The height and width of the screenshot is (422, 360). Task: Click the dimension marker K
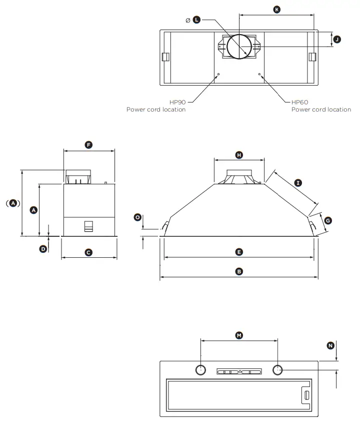tap(277, 9)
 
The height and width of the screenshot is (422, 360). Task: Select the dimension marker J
tap(337, 39)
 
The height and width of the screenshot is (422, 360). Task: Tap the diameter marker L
tap(196, 20)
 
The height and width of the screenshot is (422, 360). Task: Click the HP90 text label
tap(178, 102)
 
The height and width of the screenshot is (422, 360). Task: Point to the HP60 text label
tap(299, 102)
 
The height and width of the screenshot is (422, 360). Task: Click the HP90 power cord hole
tap(218, 75)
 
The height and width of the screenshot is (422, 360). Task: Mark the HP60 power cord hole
tap(259, 75)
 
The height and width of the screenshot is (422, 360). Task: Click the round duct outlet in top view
tap(240, 47)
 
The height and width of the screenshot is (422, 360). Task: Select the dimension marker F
tap(88, 145)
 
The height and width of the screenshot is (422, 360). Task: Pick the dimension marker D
tap(43, 248)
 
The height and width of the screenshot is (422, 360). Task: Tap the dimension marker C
tap(88, 253)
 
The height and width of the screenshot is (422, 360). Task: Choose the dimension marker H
tap(239, 155)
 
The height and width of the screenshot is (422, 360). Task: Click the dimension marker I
tap(298, 183)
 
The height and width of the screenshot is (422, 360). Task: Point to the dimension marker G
tap(327, 220)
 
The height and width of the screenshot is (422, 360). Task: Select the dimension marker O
tap(137, 217)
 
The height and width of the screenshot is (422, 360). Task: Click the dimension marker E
tap(239, 252)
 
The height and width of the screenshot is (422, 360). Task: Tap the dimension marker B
tap(239, 271)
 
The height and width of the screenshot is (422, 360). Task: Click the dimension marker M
tap(239, 334)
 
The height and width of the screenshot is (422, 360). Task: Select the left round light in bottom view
tap(199, 370)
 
